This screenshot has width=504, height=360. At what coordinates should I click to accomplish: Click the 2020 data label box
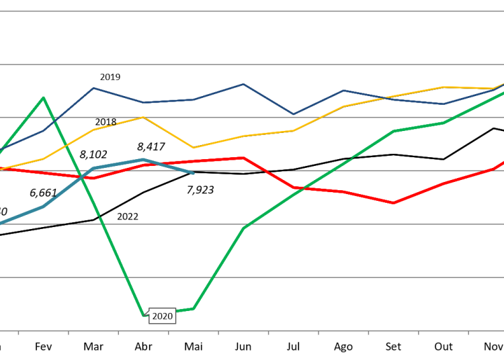tap(162, 316)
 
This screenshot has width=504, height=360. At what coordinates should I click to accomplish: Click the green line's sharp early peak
tap(44, 98)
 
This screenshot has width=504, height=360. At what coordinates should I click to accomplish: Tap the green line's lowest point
tap(144, 314)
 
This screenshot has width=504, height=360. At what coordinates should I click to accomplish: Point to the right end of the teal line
tap(194, 174)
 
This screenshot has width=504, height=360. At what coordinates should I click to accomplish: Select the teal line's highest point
tap(143, 160)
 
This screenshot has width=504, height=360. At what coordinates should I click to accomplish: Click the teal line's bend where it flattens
tap(94, 168)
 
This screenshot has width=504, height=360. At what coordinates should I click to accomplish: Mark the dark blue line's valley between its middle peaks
tap(293, 114)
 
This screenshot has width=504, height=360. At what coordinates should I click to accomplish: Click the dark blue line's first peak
tap(93, 88)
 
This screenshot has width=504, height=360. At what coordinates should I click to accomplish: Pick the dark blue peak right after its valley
tap(343, 90)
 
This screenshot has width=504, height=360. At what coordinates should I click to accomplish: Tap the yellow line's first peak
tap(143, 117)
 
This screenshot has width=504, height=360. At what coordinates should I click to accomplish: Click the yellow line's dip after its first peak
tap(194, 148)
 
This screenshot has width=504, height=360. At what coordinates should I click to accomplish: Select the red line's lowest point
tap(394, 203)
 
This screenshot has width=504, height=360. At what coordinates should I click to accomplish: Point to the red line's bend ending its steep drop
tap(294, 187)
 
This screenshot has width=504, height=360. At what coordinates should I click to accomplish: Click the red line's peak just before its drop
tap(243, 158)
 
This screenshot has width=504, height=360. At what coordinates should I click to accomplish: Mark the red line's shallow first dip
tap(94, 178)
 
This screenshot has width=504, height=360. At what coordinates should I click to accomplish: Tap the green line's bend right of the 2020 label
tap(194, 308)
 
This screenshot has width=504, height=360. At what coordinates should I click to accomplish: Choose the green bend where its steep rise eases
tap(243, 228)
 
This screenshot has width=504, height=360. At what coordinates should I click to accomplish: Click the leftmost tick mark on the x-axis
tap(18, 332)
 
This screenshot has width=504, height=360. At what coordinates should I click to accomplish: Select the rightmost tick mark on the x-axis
tap(468, 332)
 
